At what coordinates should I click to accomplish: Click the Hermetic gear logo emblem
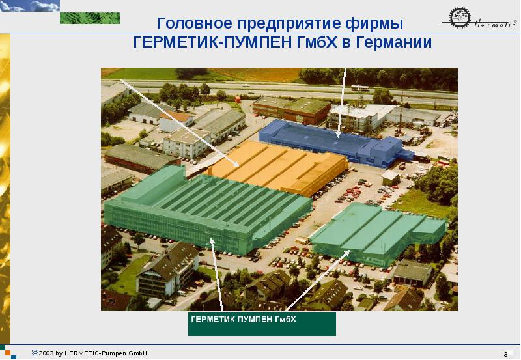[x=460, y=18]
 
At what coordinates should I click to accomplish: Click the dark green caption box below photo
[x=262, y=324]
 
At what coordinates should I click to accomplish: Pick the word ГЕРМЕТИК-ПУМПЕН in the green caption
[x=232, y=320]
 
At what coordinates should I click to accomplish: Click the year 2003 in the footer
[x=46, y=353]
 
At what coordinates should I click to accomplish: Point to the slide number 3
[x=505, y=354]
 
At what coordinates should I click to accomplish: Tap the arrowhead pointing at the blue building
[x=338, y=135]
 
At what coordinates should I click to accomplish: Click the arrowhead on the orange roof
[x=236, y=164]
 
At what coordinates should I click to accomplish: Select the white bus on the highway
[x=360, y=88]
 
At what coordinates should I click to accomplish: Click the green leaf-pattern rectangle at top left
[x=90, y=18]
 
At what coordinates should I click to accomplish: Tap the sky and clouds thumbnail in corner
[x=30, y=6]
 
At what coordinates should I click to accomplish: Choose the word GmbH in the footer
[x=137, y=353]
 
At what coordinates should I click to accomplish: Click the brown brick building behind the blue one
[x=291, y=109]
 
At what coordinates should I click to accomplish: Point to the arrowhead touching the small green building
[x=347, y=253]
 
